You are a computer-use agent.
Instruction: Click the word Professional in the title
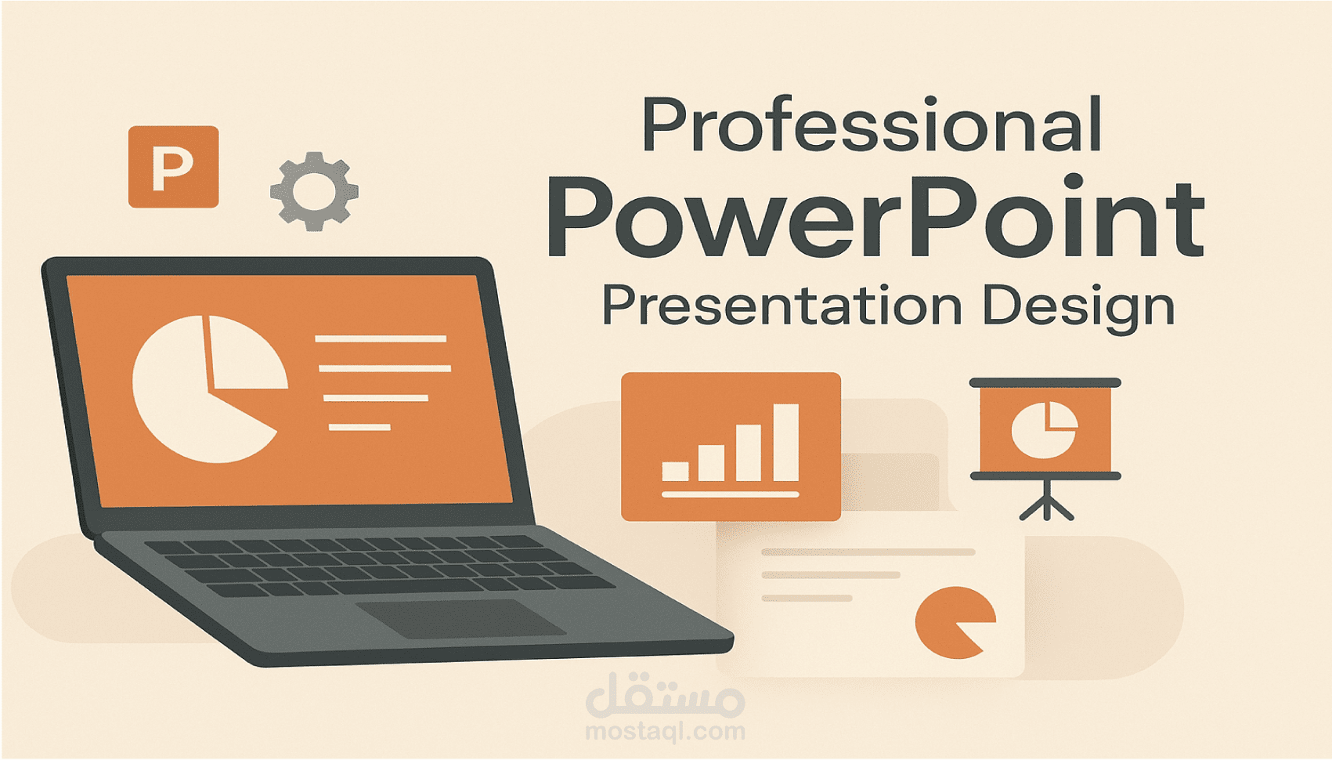click(x=872, y=125)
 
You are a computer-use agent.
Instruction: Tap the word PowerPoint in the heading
click(x=875, y=217)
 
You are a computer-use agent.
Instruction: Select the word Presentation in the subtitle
click(x=781, y=306)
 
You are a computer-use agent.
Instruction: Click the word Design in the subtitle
click(x=1078, y=307)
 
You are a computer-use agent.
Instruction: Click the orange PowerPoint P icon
click(x=173, y=167)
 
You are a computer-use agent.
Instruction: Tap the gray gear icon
click(x=314, y=191)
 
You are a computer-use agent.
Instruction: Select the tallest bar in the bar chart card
click(x=785, y=442)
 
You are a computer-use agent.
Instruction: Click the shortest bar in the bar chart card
click(x=675, y=471)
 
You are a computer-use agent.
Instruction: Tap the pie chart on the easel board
click(x=1045, y=429)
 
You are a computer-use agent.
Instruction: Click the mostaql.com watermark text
click(x=665, y=732)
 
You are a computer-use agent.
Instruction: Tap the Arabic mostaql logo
click(x=665, y=695)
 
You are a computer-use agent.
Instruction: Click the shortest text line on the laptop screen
click(x=359, y=427)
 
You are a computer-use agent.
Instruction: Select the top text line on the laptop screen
click(x=381, y=338)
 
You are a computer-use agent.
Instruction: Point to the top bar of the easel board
click(x=1045, y=383)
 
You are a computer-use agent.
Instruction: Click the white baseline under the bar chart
click(x=730, y=494)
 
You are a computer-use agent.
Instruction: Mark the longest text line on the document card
click(x=868, y=552)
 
